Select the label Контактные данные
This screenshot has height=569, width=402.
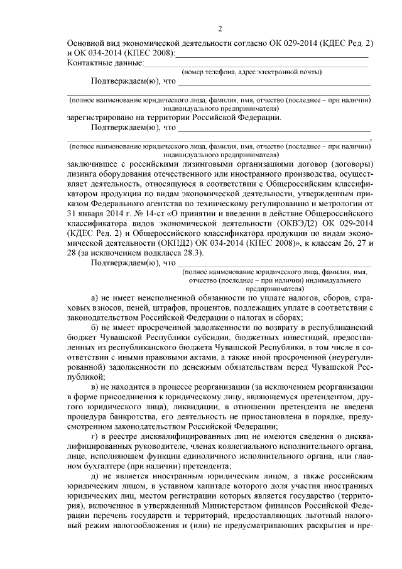point(105,63)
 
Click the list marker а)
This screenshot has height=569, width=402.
point(95,297)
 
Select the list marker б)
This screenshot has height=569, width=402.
point(95,328)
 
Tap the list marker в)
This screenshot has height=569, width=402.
point(95,387)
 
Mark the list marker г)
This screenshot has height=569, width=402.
point(95,436)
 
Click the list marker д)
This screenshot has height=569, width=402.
point(95,477)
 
